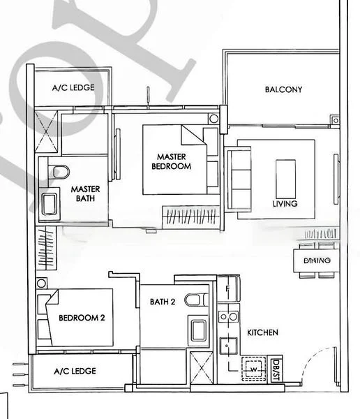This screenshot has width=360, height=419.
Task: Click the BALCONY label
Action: coord(283,89)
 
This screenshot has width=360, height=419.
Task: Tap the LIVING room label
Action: coord(285,204)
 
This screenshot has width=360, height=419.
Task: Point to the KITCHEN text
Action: coord(263,333)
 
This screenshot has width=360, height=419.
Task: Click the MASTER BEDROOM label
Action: coord(174,162)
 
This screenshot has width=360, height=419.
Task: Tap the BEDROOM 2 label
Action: coord(81,318)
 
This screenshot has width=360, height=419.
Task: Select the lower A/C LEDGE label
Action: coord(75,372)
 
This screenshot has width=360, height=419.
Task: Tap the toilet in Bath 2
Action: coord(200,300)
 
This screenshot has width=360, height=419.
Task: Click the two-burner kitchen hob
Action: coord(227,318)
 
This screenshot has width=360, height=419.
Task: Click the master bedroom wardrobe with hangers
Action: coord(190,216)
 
